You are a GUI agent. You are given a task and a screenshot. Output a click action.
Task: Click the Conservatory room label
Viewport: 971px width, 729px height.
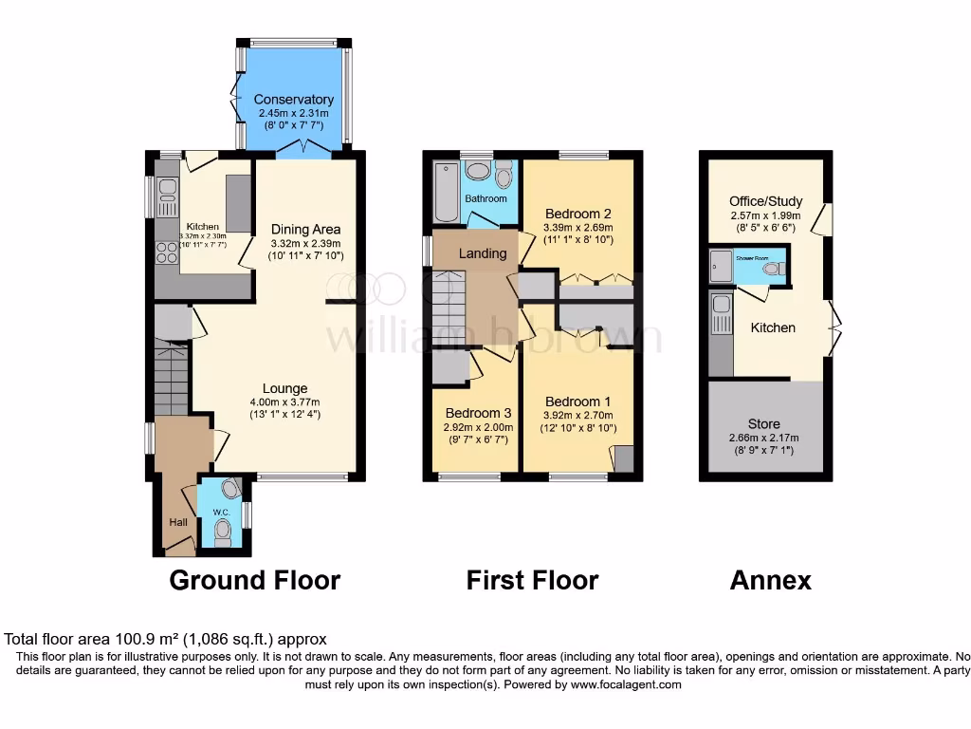pyautogui.click(x=293, y=100)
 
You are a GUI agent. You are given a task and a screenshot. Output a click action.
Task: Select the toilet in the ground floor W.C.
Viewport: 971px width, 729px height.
pyautogui.click(x=223, y=533)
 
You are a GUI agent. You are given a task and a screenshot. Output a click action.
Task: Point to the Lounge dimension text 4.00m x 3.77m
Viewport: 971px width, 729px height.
pyautogui.click(x=285, y=402)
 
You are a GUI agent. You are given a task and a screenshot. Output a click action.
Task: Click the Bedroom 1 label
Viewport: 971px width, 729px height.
pyautogui.click(x=577, y=402)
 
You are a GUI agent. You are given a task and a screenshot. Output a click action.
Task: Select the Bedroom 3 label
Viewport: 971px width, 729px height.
pyautogui.click(x=478, y=414)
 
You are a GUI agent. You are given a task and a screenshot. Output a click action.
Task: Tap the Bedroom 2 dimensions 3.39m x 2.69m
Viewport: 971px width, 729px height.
pyautogui.click(x=577, y=227)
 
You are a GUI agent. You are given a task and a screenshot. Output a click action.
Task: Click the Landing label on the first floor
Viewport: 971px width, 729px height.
pyautogui.click(x=483, y=253)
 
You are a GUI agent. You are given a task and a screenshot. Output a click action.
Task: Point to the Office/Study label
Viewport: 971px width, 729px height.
pyautogui.click(x=765, y=201)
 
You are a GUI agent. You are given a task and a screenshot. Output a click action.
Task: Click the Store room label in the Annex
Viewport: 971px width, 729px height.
pyautogui.click(x=763, y=424)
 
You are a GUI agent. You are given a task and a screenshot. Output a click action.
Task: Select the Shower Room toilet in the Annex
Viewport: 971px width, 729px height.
pyautogui.click(x=775, y=269)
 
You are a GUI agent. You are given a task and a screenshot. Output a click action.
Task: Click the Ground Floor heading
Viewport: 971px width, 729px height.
pyautogui.click(x=254, y=580)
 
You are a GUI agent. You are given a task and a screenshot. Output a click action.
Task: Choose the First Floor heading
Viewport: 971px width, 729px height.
pyautogui.click(x=532, y=580)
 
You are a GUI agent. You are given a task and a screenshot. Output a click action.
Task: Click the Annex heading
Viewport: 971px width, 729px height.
pyautogui.click(x=770, y=580)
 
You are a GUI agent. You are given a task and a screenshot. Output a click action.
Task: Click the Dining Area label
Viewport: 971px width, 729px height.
pyautogui.click(x=305, y=229)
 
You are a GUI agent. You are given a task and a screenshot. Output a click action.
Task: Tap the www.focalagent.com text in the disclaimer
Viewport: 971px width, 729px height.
pyautogui.click(x=626, y=684)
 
